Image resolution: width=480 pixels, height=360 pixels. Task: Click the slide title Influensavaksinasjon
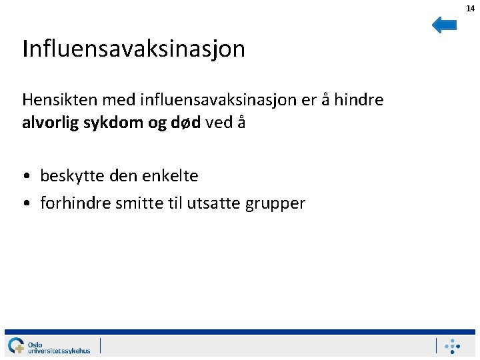(x=133, y=49)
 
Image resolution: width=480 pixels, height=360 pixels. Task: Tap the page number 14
(x=470, y=8)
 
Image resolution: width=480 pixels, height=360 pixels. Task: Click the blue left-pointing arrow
(x=444, y=25)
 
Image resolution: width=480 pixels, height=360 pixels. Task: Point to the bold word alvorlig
(x=49, y=123)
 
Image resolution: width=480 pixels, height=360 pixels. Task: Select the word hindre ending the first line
(x=358, y=100)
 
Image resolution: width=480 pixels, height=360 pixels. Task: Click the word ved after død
(x=219, y=123)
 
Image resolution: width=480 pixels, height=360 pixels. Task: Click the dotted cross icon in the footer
(x=453, y=346)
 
